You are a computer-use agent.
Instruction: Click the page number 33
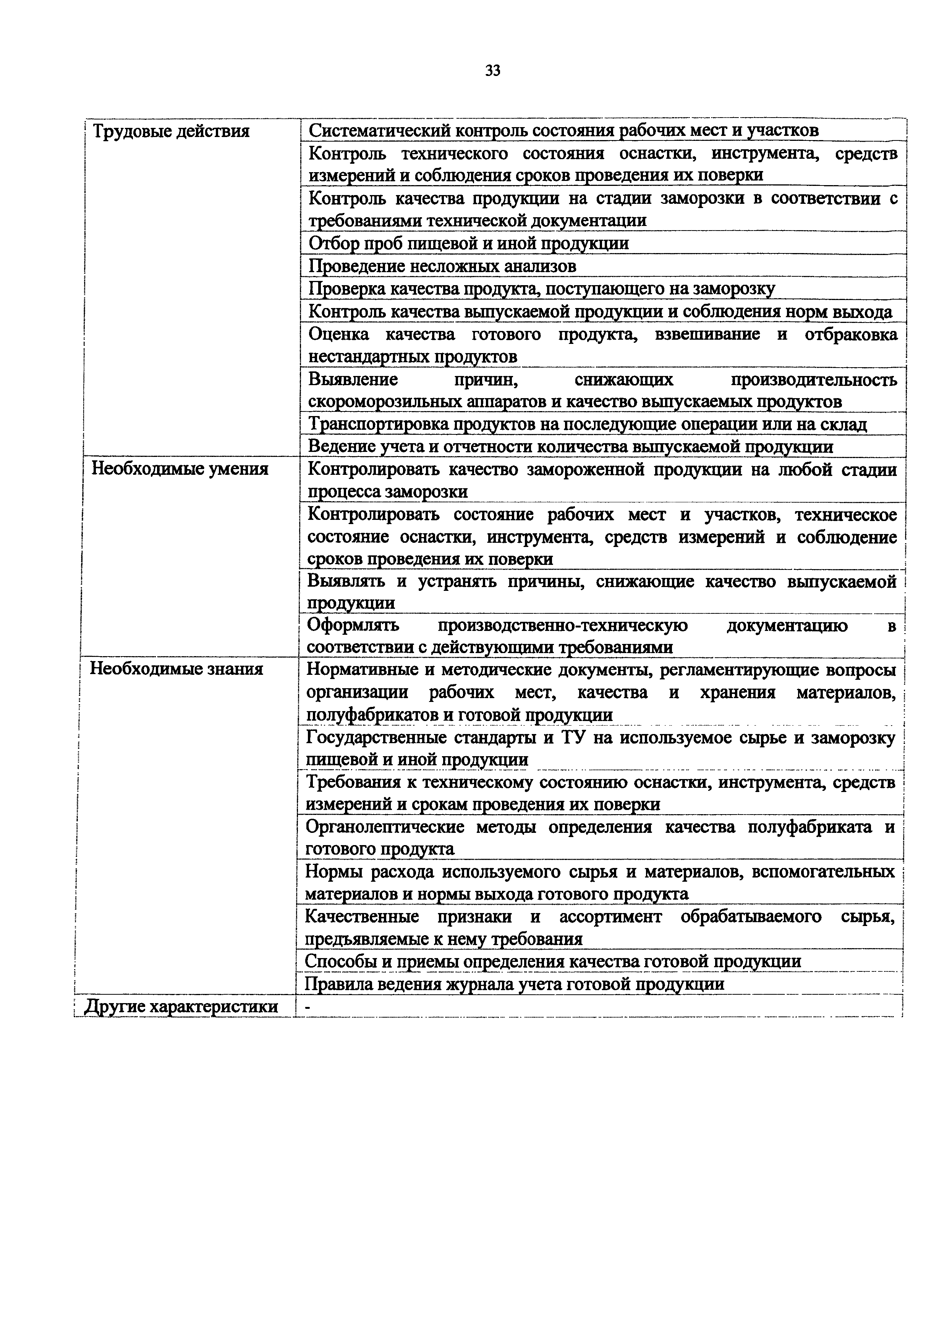coord(492,71)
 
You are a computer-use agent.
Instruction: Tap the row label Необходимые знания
coord(176,668)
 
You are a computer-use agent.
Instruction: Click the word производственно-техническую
coord(562,625)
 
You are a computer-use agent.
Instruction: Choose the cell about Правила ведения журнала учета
coord(515,984)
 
